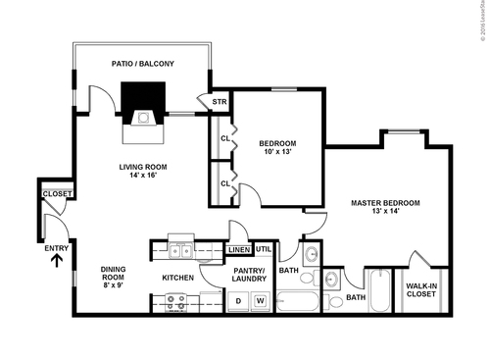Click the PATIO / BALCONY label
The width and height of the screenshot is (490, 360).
(x=144, y=64)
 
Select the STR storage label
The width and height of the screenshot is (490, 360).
(x=219, y=100)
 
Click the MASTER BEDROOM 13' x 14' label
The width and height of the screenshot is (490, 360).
(x=385, y=208)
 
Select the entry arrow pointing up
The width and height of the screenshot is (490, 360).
(x=56, y=261)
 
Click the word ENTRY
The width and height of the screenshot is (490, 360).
(x=56, y=248)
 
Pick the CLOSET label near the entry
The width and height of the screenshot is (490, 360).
(x=57, y=194)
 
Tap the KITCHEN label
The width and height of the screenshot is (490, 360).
(x=177, y=278)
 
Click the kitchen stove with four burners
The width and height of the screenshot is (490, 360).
(x=176, y=303)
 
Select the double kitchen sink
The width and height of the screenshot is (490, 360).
(x=180, y=252)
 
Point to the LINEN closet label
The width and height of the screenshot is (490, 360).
(x=239, y=250)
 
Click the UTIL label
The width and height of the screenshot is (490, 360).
(x=264, y=250)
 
